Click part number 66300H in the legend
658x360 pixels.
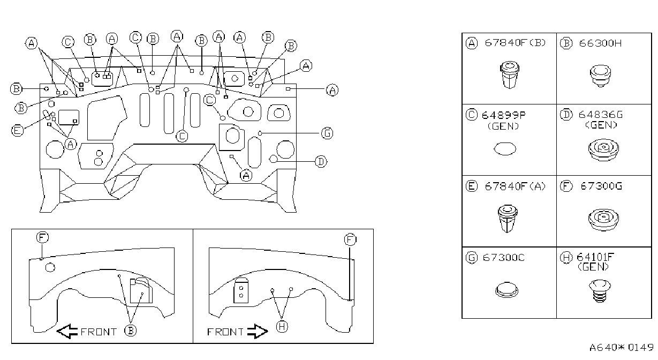click(600, 43)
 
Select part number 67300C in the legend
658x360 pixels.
click(503, 258)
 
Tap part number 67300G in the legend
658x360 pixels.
click(601, 186)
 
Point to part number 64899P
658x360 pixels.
click(503, 115)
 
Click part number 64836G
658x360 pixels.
click(600, 115)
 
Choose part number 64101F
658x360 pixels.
click(595, 257)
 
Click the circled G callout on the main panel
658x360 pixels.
click(327, 133)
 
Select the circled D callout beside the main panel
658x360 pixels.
click(321, 162)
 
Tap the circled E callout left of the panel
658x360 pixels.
click(17, 131)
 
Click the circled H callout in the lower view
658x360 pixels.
click(282, 326)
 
